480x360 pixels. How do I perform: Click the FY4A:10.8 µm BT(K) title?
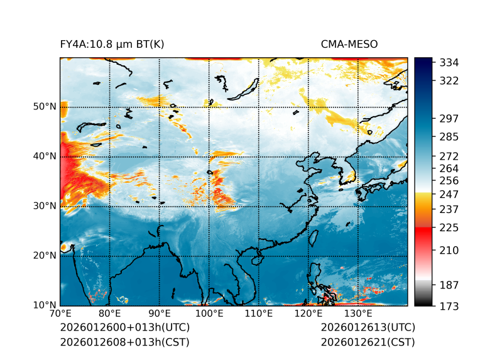[112, 44]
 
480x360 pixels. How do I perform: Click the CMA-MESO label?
[349, 44]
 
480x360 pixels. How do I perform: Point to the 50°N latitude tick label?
[45, 107]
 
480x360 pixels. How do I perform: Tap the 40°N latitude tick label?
[45, 156]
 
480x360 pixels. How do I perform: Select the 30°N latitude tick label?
[45, 206]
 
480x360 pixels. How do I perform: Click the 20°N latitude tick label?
[45, 256]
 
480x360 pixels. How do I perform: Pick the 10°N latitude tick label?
[45, 305]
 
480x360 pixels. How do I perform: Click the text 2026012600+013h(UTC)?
[124, 328]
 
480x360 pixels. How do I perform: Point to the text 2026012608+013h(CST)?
[124, 342]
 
